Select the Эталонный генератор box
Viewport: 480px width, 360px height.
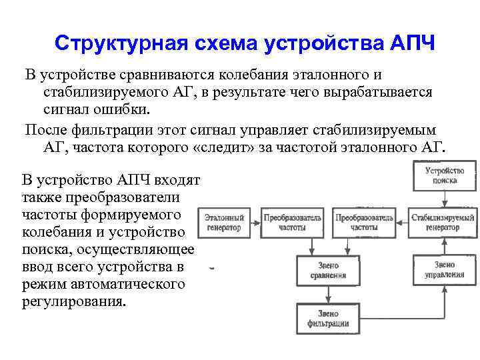pos(224,223)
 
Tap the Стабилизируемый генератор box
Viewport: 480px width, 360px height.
pos(443,223)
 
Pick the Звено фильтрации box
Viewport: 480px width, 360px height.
pos(328,319)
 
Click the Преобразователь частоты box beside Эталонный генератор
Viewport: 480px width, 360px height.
pos(293,223)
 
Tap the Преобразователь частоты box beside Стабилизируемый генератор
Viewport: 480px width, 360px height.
pos(365,223)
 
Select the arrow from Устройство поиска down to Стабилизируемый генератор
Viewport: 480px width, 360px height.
pos(443,199)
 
